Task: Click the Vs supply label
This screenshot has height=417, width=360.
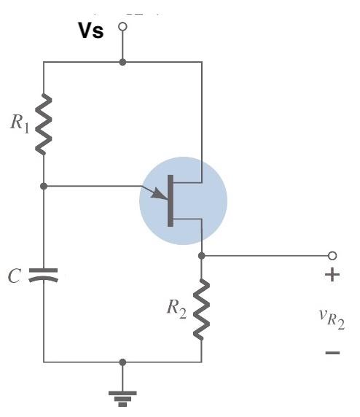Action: [x=91, y=31]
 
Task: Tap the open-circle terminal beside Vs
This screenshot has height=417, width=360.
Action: [x=122, y=26]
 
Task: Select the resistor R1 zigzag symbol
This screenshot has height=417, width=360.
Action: [x=44, y=124]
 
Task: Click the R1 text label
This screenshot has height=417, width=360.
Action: [x=20, y=122]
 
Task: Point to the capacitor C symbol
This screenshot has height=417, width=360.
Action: [x=44, y=276]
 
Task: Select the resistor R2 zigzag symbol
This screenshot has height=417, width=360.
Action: [x=202, y=309]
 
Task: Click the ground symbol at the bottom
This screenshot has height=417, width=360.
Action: [x=122, y=397]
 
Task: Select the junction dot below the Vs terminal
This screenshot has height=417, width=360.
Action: [x=122, y=62]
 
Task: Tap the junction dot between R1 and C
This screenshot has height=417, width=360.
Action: [x=44, y=186]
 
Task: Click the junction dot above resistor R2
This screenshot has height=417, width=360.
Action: [x=202, y=256]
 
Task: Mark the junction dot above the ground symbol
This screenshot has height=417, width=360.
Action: [x=122, y=362]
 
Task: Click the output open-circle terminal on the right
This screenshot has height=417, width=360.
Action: [x=332, y=256]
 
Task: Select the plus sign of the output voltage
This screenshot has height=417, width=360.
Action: [x=332, y=276]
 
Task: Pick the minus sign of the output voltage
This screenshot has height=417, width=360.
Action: [x=332, y=353]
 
